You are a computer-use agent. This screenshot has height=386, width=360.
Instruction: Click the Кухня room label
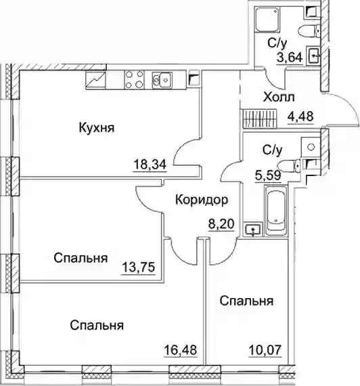(x=97, y=128)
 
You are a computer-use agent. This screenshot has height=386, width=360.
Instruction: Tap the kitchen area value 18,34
(x=150, y=165)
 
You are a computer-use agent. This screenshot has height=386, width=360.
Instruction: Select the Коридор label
(x=202, y=200)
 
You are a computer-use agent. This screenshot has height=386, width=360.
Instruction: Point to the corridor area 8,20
(x=221, y=224)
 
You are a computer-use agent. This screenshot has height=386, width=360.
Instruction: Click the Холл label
(x=279, y=98)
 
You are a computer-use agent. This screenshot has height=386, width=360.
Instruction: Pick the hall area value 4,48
(x=300, y=116)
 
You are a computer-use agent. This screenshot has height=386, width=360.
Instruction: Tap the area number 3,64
(x=290, y=58)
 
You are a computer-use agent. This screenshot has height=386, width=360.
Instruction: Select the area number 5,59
(x=268, y=175)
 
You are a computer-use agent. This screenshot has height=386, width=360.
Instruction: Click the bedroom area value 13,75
(x=139, y=267)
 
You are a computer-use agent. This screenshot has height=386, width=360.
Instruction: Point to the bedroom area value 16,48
(x=181, y=349)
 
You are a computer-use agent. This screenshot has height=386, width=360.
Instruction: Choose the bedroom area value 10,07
(x=265, y=350)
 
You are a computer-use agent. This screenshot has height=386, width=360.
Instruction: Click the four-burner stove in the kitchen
(x=134, y=79)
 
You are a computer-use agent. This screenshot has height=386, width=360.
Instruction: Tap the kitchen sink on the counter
(x=162, y=80)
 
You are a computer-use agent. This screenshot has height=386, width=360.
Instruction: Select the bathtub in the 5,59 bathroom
(x=276, y=211)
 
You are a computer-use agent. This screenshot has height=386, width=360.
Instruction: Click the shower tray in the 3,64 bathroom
(x=267, y=20)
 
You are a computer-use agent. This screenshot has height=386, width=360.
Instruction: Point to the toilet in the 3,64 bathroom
(x=309, y=30)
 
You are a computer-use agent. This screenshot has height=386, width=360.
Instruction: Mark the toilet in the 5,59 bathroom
(x=289, y=165)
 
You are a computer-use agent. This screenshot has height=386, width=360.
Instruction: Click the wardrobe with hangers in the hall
(x=260, y=119)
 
